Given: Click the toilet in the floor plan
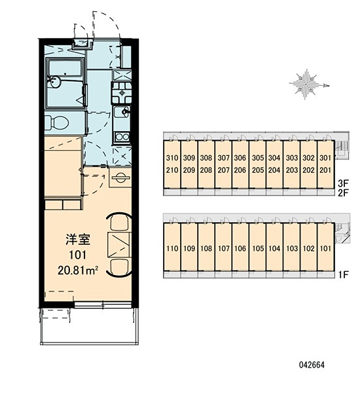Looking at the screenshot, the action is coord(57,122).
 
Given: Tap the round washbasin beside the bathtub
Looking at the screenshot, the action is coord(54,82).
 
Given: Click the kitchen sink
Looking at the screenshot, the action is coord(122,112).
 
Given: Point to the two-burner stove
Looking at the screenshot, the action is coord(122,137).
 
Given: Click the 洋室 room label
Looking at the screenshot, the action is coord(78,239).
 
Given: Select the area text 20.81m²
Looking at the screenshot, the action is coord(78,271).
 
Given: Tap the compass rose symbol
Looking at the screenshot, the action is coord(309,84).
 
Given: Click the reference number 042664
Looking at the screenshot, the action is coord(312,365).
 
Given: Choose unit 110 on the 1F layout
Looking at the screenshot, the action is coord(172,248).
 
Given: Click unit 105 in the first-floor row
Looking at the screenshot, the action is coord(258,248).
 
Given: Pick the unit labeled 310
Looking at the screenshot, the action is coord(172,158).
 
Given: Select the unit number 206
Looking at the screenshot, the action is coord(240,170).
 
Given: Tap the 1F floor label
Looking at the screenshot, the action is coord(344,275).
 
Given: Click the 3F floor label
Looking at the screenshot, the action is coord(344,183).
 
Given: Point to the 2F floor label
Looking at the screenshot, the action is coord(344,193).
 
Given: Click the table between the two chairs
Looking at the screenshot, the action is coord(119,245).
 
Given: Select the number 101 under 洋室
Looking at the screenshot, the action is coord(78,255).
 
